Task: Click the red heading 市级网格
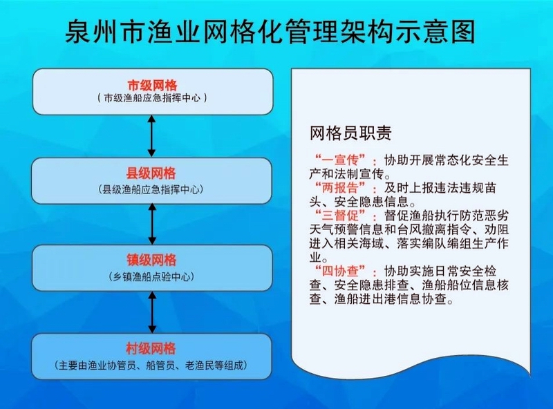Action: click(x=152, y=86)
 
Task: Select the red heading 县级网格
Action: click(x=151, y=173)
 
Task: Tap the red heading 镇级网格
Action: click(x=151, y=260)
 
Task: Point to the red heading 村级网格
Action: click(x=151, y=349)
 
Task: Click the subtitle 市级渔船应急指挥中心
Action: click(x=152, y=98)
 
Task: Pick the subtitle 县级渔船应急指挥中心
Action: click(x=151, y=190)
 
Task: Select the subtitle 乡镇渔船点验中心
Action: click(x=151, y=277)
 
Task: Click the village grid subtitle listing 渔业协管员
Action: click(x=151, y=365)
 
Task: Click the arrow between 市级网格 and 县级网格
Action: click(x=151, y=135)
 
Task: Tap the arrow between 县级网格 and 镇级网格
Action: click(x=152, y=224)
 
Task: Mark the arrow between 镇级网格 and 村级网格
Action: click(x=152, y=312)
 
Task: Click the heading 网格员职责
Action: click(x=350, y=133)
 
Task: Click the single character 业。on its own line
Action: click(x=319, y=258)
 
